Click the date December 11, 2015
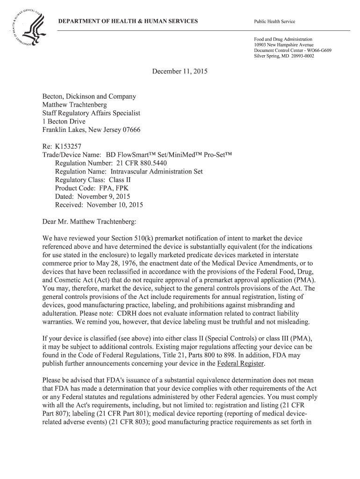point(180,72)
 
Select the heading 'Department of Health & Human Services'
point(127,22)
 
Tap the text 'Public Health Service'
point(274,22)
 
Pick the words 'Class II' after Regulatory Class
point(120,180)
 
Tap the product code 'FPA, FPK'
point(113,188)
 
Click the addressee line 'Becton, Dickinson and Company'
point(89,96)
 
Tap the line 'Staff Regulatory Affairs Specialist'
point(91,113)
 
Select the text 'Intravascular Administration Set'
point(157,171)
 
